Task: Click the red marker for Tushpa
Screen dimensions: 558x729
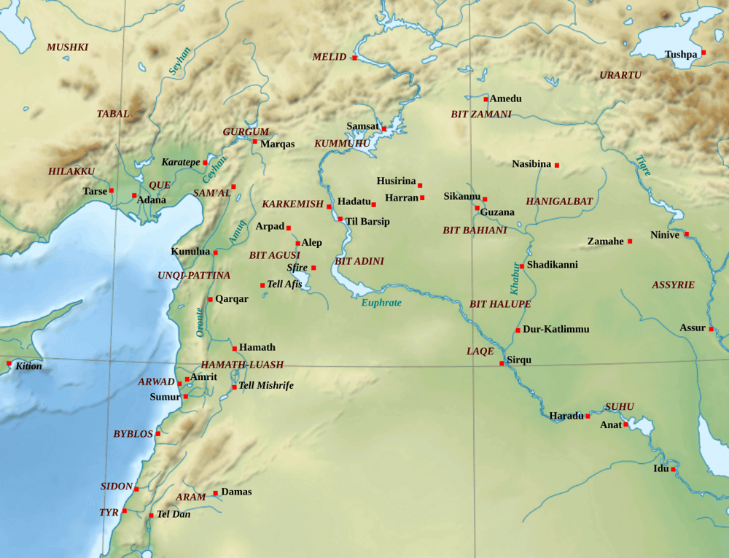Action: pos(703,53)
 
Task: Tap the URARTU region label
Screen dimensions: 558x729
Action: pos(620,75)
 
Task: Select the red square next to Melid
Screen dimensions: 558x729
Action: pos(354,58)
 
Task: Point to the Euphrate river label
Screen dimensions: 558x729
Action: pos(381,303)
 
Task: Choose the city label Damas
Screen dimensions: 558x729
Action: pos(236,492)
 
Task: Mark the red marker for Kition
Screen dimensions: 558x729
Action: pos(9,363)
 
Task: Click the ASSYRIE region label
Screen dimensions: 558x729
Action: pos(673,285)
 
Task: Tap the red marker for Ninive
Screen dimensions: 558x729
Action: pos(686,234)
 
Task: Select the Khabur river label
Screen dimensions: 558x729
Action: pos(515,279)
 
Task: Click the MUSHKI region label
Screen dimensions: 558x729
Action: pos(68,47)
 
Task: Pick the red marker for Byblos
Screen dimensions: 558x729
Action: pos(157,433)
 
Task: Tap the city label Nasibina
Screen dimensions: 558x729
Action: pos(531,164)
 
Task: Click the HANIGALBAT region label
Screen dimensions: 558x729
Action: pos(559,201)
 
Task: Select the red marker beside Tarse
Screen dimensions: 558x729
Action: pos(112,190)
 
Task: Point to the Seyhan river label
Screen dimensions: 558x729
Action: pos(179,61)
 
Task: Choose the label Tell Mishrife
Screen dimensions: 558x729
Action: pos(266,386)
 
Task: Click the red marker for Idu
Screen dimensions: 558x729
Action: pos(673,469)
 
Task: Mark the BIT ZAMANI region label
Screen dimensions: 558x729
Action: pos(481,115)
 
